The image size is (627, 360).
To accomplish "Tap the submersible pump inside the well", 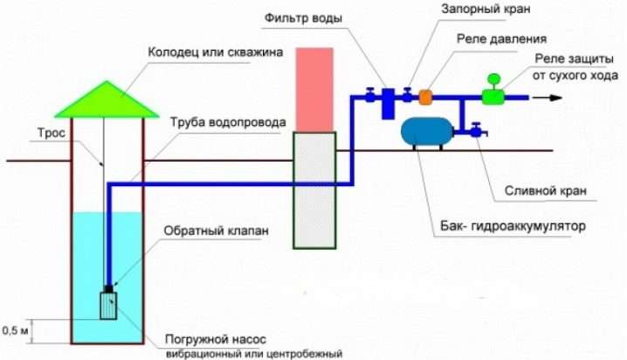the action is [x=108, y=306].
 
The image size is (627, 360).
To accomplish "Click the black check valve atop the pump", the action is [x=108, y=289].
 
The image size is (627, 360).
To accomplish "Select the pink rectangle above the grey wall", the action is [x=314, y=90].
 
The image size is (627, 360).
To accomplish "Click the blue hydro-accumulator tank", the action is [x=427, y=132].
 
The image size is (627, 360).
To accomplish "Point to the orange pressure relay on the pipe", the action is [x=425, y=97].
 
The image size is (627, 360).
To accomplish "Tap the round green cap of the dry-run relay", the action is [x=494, y=79].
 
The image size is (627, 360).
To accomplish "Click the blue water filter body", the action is [x=388, y=104].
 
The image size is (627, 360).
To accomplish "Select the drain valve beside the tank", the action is [x=477, y=130].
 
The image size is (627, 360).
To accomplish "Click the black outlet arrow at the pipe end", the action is [x=547, y=98].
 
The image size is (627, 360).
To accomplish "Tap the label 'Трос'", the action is [x=52, y=133].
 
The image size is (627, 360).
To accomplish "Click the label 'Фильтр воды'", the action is [x=304, y=18].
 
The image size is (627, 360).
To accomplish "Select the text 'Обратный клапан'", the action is [x=216, y=232].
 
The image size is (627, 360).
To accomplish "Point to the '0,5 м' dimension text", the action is [x=15, y=331].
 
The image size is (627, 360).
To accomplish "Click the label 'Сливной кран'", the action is [x=546, y=190].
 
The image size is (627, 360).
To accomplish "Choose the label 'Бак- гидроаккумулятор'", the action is [x=513, y=226].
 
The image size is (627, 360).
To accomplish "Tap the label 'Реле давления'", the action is [x=501, y=38].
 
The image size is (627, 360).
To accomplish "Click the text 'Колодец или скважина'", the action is [x=216, y=52].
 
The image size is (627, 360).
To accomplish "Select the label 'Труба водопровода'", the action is [x=228, y=122].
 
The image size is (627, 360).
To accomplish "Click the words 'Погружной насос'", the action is [x=216, y=340].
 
